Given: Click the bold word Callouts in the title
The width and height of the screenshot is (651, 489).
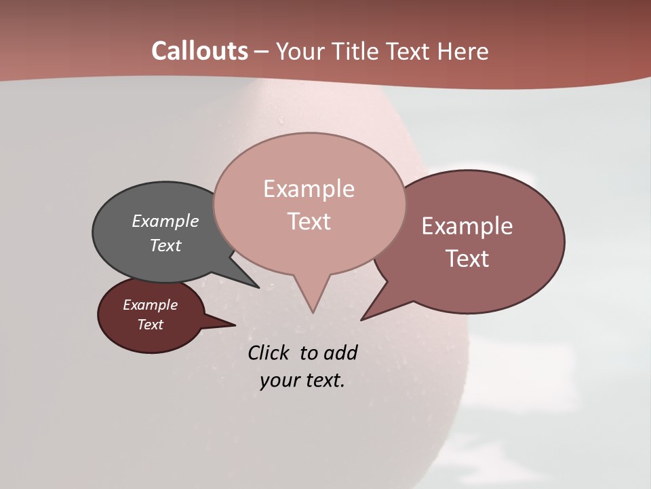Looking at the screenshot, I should (x=199, y=51).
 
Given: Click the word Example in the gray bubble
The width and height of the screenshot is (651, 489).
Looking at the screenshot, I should (x=165, y=221).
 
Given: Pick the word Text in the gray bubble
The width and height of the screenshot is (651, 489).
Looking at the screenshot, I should (x=165, y=245).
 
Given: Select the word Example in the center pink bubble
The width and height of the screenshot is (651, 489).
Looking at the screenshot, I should (x=309, y=189).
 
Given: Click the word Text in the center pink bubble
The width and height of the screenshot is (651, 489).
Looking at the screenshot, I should (x=309, y=221).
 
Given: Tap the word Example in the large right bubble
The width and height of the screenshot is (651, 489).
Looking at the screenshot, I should (x=467, y=225).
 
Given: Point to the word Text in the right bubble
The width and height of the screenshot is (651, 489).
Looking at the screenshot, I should (x=467, y=258).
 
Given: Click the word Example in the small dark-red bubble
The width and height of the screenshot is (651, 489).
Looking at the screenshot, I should (x=150, y=305).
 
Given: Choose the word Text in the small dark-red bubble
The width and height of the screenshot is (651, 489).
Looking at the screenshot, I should (x=150, y=325).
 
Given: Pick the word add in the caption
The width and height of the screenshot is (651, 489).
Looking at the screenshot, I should (x=340, y=352).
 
